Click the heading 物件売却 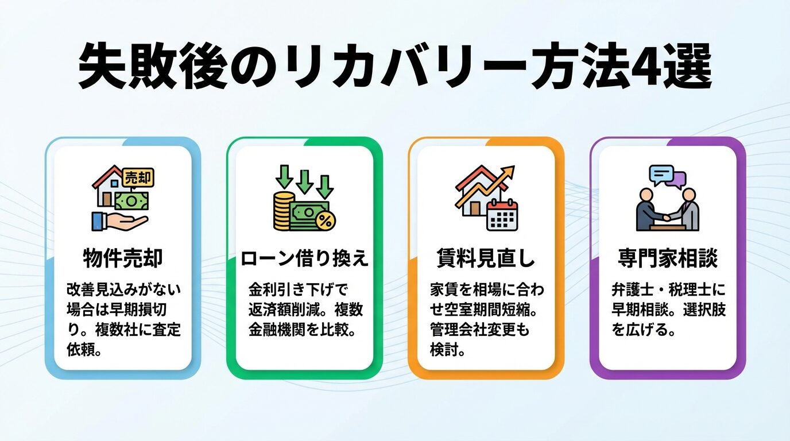pyautogui.click(x=123, y=258)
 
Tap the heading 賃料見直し pyautogui.click(x=486, y=258)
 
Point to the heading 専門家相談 pyautogui.click(x=667, y=258)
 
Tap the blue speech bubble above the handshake pyautogui.click(x=661, y=173)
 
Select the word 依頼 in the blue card pyautogui.click(x=81, y=349)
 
